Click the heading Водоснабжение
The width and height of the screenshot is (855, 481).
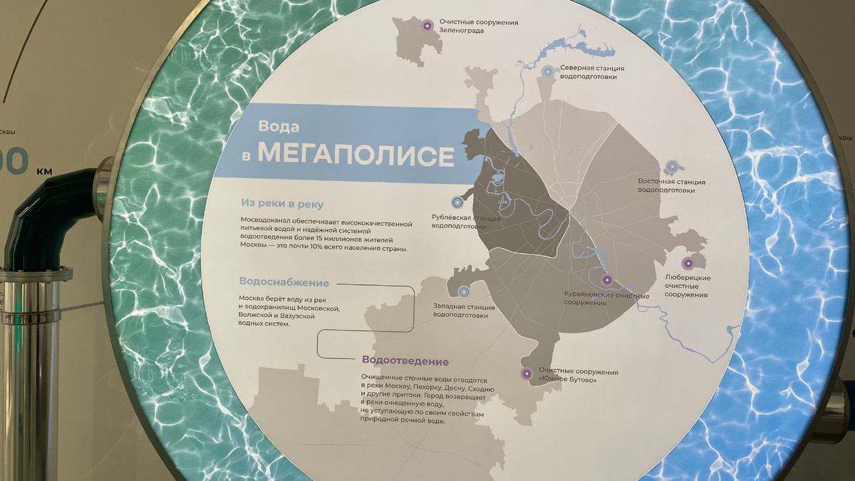284,282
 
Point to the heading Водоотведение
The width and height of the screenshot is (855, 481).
405,361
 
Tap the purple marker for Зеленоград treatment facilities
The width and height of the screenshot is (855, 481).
427,26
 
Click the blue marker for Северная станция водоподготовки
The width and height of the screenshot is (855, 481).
547,71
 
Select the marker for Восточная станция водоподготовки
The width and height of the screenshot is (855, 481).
671,167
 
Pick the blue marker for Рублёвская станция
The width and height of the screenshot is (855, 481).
457,202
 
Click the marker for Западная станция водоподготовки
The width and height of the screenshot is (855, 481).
465,291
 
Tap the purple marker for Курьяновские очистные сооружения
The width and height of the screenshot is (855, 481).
607,280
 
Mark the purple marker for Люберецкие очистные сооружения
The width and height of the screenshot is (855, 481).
688,263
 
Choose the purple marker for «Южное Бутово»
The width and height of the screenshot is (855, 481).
527,373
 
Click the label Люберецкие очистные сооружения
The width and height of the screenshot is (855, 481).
687,286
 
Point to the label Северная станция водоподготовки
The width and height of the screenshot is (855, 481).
592,73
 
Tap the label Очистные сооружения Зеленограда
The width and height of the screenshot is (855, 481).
478,26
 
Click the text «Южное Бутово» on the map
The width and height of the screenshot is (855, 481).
568,381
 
